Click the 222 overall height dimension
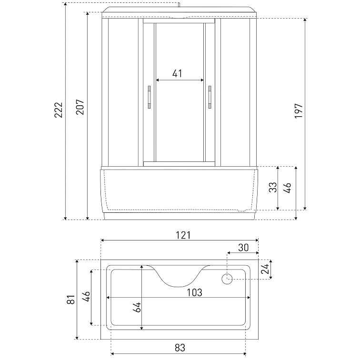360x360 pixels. coord(58,110)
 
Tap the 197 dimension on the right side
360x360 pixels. coord(298,111)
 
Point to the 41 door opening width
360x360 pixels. coord(177,74)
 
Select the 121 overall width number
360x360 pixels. coord(183,235)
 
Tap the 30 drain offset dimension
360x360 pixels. coord(243,248)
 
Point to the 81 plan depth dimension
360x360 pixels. coord(70,300)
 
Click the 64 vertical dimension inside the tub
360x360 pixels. coord(137,307)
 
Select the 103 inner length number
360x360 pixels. coord(195,292)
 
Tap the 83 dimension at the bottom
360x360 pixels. coord(180,347)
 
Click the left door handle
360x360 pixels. coord(149,97)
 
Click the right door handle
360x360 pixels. coord(209,97)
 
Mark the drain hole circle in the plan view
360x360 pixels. coord(227,279)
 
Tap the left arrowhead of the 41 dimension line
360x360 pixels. coord(158,80)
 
